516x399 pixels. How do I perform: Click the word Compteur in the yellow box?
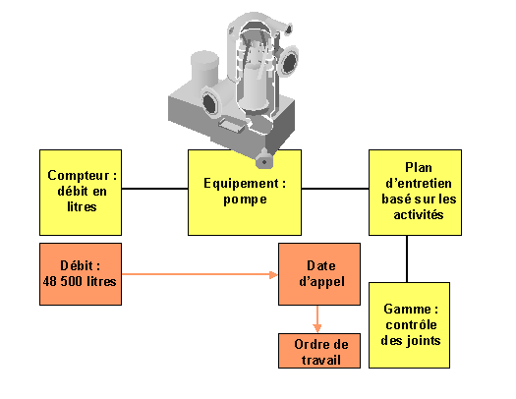pyautogui.click(x=79, y=175)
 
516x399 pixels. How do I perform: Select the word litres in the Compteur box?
pyautogui.click(x=82, y=206)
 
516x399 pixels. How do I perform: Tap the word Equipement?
pyautogui.click(x=241, y=184)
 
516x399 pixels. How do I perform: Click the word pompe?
pyautogui.click(x=245, y=199)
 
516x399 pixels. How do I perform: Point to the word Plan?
pyautogui.click(x=419, y=167)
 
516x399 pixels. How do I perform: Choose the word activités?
pyautogui.click(x=419, y=215)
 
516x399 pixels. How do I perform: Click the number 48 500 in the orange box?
pyautogui.click(x=64, y=281)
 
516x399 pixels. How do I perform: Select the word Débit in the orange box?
pyautogui.click(x=77, y=265)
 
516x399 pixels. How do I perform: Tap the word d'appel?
pyautogui.click(x=321, y=282)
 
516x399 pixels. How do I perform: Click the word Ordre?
pyautogui.click(x=310, y=344)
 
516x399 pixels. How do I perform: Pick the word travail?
pyautogui.click(x=320, y=360)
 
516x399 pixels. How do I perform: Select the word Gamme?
pyautogui.click(x=408, y=309)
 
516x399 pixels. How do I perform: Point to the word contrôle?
pyautogui.click(x=411, y=324)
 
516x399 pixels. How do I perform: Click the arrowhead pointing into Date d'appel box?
pyautogui.click(x=274, y=274)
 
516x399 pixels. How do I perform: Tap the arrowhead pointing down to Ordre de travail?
pyautogui.click(x=317, y=328)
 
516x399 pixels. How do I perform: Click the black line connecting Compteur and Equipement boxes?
pyautogui.click(x=154, y=189)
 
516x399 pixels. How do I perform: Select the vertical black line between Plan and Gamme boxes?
pyautogui.click(x=407, y=258)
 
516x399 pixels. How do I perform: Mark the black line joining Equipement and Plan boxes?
pyautogui.click(x=335, y=189)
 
